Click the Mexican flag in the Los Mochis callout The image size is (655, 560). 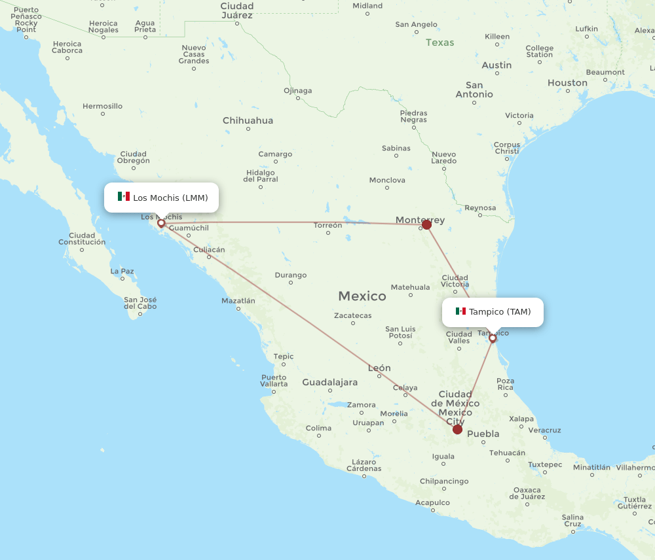click(124, 197)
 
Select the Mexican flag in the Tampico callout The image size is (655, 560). click(460, 311)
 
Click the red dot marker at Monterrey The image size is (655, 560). click(426, 225)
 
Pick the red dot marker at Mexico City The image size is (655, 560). click(457, 429)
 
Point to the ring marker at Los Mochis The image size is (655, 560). click(161, 223)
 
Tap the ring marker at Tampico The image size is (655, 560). click(493, 338)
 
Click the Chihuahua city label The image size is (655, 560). click(248, 120)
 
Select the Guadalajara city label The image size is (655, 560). click(329, 382)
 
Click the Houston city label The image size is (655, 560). click(567, 83)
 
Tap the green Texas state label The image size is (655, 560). click(440, 43)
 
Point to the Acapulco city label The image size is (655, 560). click(432, 502)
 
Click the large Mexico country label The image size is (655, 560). click(362, 296)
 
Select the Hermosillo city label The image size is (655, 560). click(102, 106)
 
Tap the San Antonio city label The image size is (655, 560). click(474, 90)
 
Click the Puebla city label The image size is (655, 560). click(483, 434)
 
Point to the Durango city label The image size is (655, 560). click(291, 275)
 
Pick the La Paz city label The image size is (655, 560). click(122, 271)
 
